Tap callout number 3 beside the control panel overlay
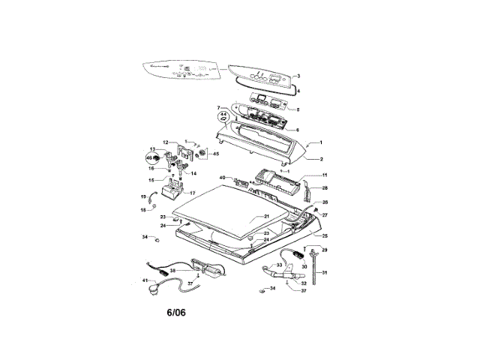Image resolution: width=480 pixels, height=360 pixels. [298, 76]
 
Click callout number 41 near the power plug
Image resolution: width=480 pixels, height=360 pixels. [145, 280]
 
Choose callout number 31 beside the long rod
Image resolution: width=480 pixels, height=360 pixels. [325, 273]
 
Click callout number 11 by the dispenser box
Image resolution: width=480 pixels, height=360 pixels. [325, 175]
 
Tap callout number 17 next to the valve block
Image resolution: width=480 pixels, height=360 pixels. [192, 193]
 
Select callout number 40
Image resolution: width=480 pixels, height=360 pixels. [222, 177]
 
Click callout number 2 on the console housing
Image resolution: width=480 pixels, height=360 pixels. [321, 159]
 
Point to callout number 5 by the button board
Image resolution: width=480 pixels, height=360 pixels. [298, 109]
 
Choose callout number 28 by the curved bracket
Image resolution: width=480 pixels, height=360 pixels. [325, 188]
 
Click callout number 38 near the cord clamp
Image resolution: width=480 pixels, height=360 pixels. [172, 270]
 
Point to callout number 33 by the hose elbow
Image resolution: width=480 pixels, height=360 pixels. [279, 265]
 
